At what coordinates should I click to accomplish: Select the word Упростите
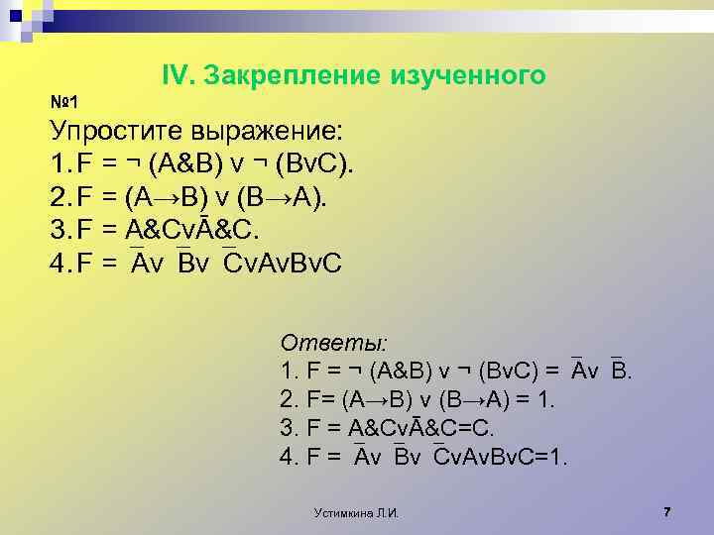point(113,132)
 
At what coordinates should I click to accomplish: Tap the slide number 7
point(667,511)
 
